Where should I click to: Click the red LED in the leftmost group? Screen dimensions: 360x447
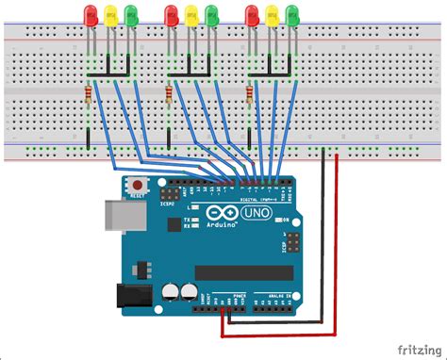(91, 14)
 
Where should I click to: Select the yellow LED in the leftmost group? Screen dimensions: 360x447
(110, 14)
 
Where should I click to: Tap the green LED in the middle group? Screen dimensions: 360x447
(211, 14)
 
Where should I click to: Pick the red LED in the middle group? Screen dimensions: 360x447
(171, 14)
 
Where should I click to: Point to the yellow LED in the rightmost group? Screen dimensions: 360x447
(272, 14)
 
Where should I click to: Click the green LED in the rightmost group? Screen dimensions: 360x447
(292, 14)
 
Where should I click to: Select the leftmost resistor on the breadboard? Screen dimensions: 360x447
(88, 95)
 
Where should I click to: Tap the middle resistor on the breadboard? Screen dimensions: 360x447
(169, 95)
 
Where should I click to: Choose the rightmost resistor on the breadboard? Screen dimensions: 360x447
(249, 95)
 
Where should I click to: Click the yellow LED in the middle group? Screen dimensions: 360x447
(191, 14)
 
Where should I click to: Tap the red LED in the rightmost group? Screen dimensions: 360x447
(251, 14)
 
